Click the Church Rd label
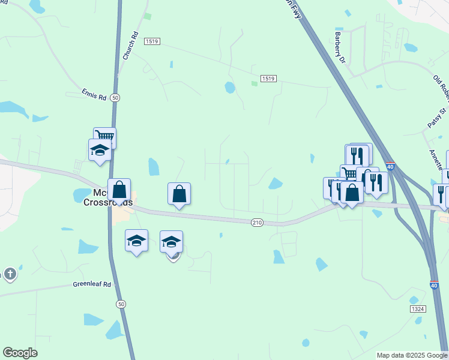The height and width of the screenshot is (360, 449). (x=130, y=45)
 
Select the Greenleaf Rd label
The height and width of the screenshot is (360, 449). (x=92, y=284)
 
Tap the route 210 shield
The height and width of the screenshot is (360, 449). (x=257, y=223)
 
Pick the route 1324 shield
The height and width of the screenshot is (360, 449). (x=418, y=308)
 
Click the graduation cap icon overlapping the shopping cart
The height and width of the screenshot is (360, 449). (x=100, y=150)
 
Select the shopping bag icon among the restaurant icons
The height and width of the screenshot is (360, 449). (x=352, y=193)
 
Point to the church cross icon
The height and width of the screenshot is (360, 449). (x=10, y=274)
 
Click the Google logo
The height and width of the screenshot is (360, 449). (x=20, y=353)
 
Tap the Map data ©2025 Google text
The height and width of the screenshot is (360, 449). (x=411, y=355)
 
